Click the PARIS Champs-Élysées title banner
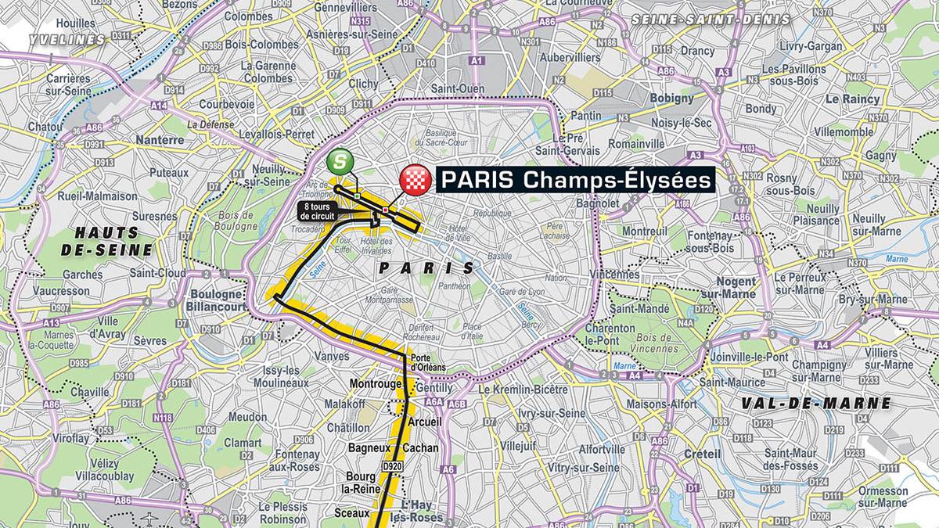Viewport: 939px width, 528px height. click(x=574, y=180)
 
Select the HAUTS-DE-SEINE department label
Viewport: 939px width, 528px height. click(x=107, y=241)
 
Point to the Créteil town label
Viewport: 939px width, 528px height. click(x=700, y=454)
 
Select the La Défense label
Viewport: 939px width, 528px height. click(x=207, y=124)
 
